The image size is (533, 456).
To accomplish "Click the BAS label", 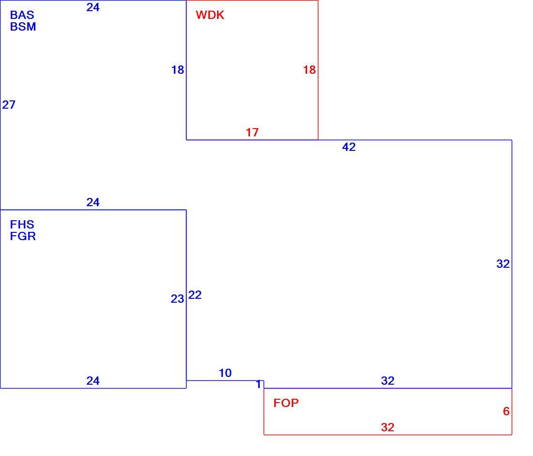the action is click(22, 15).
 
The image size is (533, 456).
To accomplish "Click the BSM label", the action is click(23, 27).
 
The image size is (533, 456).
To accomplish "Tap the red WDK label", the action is click(210, 15).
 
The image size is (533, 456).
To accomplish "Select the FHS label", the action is click(22, 225).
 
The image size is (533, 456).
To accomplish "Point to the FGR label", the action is click(23, 236).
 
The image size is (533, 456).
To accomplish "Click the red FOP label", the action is click(286, 403).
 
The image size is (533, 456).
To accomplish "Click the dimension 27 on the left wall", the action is click(9, 104).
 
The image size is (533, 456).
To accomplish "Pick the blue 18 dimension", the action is click(177, 70).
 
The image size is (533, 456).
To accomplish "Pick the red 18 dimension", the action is click(309, 70).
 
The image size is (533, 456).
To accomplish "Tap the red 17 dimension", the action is click(252, 132).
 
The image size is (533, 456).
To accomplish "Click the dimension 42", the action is click(349, 147).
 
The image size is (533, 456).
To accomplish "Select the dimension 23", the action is click(177, 299).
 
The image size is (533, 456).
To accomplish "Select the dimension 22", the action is click(195, 294).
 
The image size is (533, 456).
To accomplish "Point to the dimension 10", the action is click(225, 373).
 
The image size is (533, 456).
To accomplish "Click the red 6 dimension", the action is click(506, 411).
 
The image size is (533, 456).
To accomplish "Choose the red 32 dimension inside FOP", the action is click(388, 427).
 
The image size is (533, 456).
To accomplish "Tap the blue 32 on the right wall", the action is click(503, 264).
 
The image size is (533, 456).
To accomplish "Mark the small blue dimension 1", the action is click(259, 384).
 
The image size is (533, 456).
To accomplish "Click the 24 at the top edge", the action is click(93, 7).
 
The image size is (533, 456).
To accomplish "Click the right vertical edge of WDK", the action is click(318, 70).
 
